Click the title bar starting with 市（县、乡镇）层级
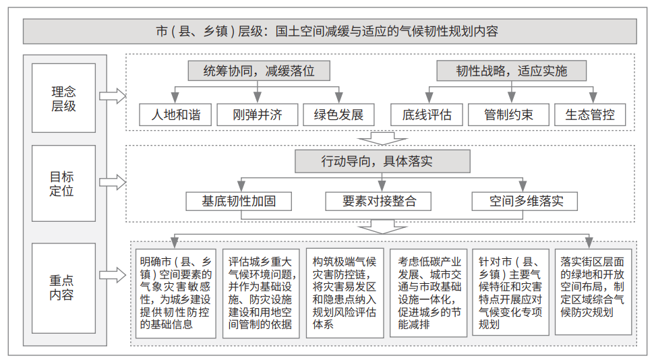(x=330, y=31)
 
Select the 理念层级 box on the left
(x=63, y=98)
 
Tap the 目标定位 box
(x=63, y=183)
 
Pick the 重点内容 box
(x=63, y=288)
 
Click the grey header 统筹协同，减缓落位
(x=259, y=71)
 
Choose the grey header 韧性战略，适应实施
(x=511, y=71)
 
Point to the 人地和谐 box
(x=175, y=115)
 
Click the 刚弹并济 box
(x=258, y=115)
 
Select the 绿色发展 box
(x=338, y=115)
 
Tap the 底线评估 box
(x=427, y=115)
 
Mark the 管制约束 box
(x=508, y=115)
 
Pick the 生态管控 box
(x=590, y=115)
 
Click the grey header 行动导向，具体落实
(x=382, y=161)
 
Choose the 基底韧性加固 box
(x=239, y=202)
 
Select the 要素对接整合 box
(x=378, y=202)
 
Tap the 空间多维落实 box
(x=525, y=202)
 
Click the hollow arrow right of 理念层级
(x=113, y=96)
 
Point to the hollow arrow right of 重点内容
(x=113, y=275)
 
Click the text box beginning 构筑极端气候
(x=345, y=293)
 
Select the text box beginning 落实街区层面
(x=593, y=292)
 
